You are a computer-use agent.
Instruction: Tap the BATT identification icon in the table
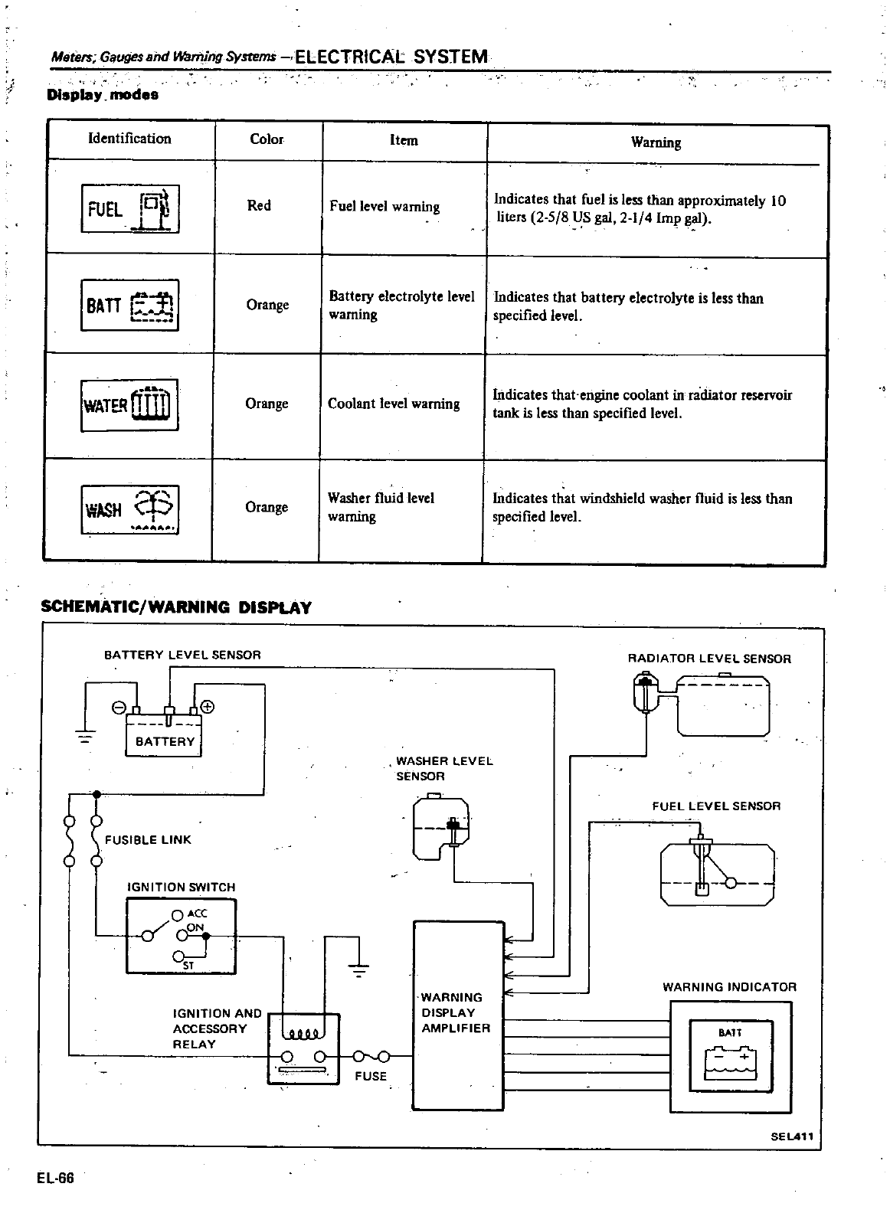[129, 305]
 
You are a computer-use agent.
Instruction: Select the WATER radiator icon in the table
[129, 404]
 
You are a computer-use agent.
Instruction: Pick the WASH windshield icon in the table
[129, 508]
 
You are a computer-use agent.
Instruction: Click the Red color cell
[259, 205]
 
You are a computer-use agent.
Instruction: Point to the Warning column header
[656, 142]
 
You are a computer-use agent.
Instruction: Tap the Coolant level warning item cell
[394, 404]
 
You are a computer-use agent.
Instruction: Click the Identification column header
[129, 139]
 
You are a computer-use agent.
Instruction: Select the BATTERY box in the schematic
[164, 735]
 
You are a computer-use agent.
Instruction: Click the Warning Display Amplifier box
[458, 1015]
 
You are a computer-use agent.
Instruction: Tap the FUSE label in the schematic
[371, 1076]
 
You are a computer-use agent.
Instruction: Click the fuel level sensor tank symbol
[717, 873]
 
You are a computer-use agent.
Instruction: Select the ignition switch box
[181, 936]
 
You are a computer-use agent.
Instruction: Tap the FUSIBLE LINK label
[148, 839]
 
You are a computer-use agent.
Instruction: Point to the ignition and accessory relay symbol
[303, 1048]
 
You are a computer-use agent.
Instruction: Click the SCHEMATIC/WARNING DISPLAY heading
[176, 607]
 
